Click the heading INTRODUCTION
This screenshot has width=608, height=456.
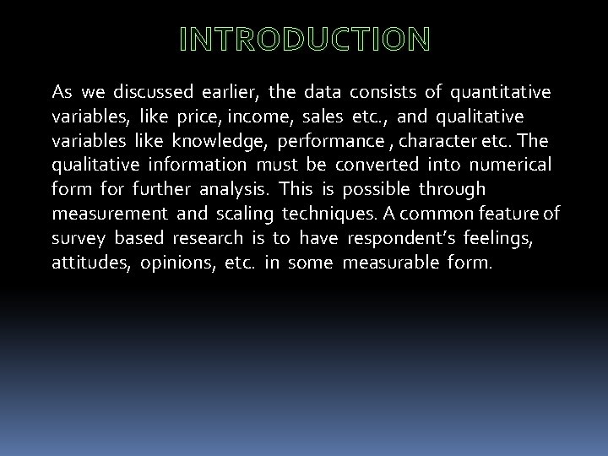(304, 39)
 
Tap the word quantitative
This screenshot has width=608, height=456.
(501, 91)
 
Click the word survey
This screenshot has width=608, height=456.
(78, 238)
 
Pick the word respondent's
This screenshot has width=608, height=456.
(404, 238)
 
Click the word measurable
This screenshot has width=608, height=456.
(387, 263)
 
